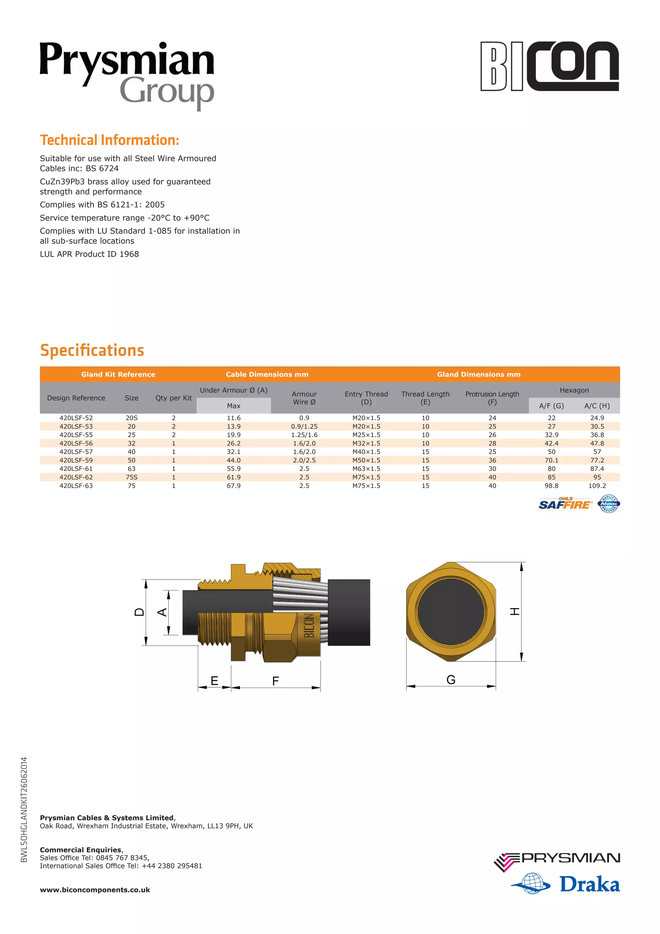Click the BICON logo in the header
(549, 66)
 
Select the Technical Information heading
(109, 140)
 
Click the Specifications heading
(92, 350)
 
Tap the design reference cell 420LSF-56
(76, 443)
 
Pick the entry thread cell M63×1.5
(366, 469)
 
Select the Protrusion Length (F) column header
(492, 398)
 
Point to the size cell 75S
(131, 477)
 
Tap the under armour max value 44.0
(233, 460)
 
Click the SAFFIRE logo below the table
(565, 504)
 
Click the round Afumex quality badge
(608, 504)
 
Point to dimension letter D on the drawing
(139, 612)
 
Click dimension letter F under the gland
(276, 681)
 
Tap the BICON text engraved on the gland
(309, 626)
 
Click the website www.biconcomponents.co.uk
(95, 890)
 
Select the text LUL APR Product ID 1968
(89, 254)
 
